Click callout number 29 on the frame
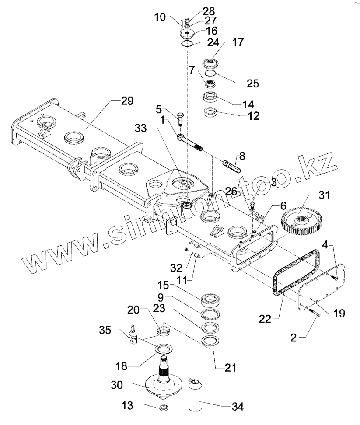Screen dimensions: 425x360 point(127,101)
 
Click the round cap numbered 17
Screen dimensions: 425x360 point(213,63)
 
